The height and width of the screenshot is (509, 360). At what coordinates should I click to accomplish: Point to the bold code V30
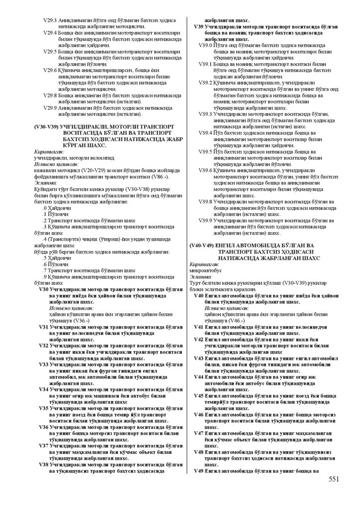44,289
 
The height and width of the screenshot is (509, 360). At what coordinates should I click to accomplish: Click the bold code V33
44,364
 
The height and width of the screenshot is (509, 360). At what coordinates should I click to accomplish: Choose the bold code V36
44,426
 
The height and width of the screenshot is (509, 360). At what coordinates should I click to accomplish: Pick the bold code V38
44,464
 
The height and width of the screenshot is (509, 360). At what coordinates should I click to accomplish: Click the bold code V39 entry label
197,26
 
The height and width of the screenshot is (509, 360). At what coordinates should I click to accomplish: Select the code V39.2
205,83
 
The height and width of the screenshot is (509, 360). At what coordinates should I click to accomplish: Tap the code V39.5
205,151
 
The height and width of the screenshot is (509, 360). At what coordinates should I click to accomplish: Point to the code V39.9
205,220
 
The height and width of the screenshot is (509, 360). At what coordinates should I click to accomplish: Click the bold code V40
198,295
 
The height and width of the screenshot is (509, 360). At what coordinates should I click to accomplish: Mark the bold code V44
198,377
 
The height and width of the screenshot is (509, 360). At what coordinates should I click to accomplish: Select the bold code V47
198,433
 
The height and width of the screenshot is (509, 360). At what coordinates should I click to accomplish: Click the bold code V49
198,470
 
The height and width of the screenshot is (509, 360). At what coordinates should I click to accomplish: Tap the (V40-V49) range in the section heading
202,246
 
